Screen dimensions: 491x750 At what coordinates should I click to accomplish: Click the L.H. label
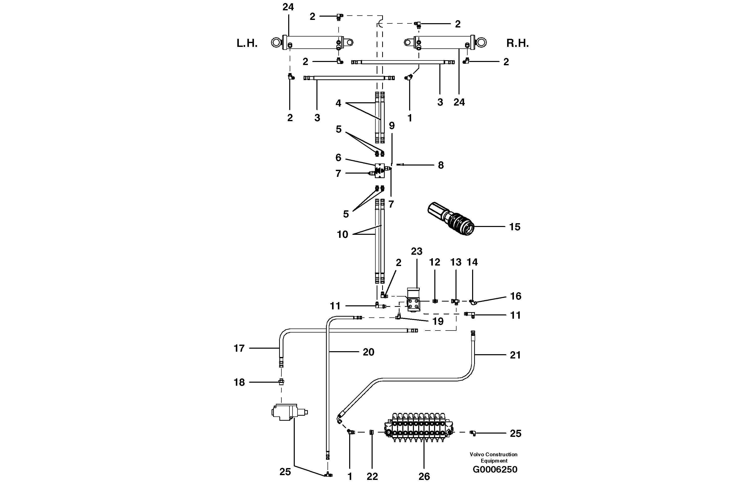pos(247,44)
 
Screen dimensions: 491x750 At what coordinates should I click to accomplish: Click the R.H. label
pos(517,44)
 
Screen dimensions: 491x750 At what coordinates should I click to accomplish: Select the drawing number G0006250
pos(495,470)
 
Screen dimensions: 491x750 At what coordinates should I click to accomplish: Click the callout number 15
pos(515,227)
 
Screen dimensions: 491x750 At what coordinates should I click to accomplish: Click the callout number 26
pos(424,476)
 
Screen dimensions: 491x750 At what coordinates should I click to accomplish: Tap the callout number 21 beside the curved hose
pos(515,355)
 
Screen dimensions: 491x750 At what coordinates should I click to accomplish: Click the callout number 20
pos(368,352)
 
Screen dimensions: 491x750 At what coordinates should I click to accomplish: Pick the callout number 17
pos(239,348)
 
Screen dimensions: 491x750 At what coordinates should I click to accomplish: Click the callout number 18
pos(239,382)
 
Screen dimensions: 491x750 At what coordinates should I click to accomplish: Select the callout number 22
pos(372,476)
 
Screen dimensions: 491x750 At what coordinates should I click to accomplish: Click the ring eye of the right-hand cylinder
pos(481,43)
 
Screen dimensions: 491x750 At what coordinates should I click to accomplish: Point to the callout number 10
pos(342,235)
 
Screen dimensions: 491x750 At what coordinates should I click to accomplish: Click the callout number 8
pos(441,165)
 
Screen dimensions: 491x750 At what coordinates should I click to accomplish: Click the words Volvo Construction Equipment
pos(494,457)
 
